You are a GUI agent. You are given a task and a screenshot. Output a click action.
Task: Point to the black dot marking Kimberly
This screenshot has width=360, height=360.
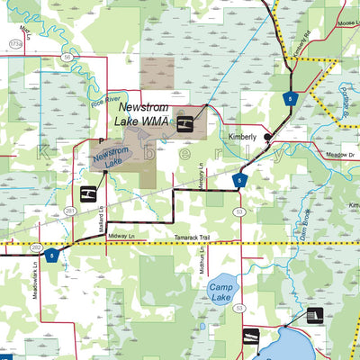pos(267,137)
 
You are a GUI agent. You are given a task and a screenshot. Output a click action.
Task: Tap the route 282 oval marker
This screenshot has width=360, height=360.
pos(35,246)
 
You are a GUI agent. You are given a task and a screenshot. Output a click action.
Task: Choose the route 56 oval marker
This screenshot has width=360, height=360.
pos(67,56)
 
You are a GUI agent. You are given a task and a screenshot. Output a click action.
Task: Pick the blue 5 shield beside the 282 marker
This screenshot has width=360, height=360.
pos(52,255)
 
